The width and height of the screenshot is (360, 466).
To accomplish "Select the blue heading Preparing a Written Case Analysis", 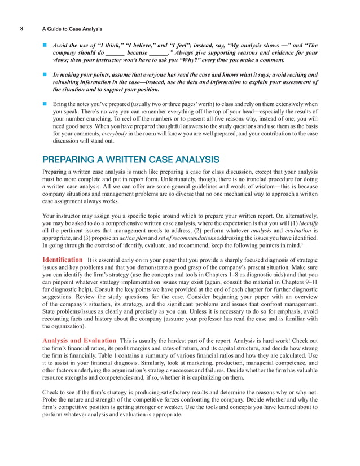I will pos(131,159).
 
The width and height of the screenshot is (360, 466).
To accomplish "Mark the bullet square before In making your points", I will pos(45,74).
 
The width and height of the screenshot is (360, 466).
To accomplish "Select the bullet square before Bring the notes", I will pos(45,104).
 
